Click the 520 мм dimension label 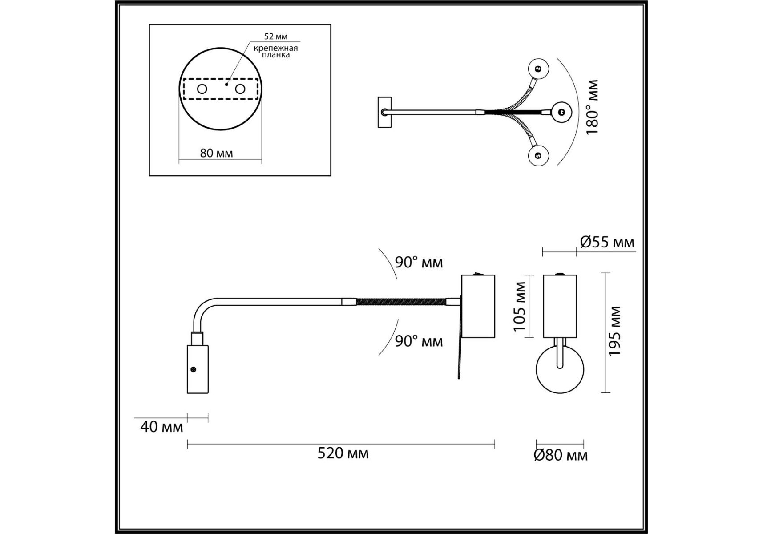[343, 453]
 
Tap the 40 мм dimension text [161, 427]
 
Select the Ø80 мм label [561, 455]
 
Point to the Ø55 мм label [607, 242]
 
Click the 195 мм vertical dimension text [614, 331]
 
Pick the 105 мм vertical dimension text [519, 307]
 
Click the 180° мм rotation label [592, 108]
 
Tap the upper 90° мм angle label [419, 263]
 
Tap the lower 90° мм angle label [419, 341]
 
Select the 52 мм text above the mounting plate [276, 36]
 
